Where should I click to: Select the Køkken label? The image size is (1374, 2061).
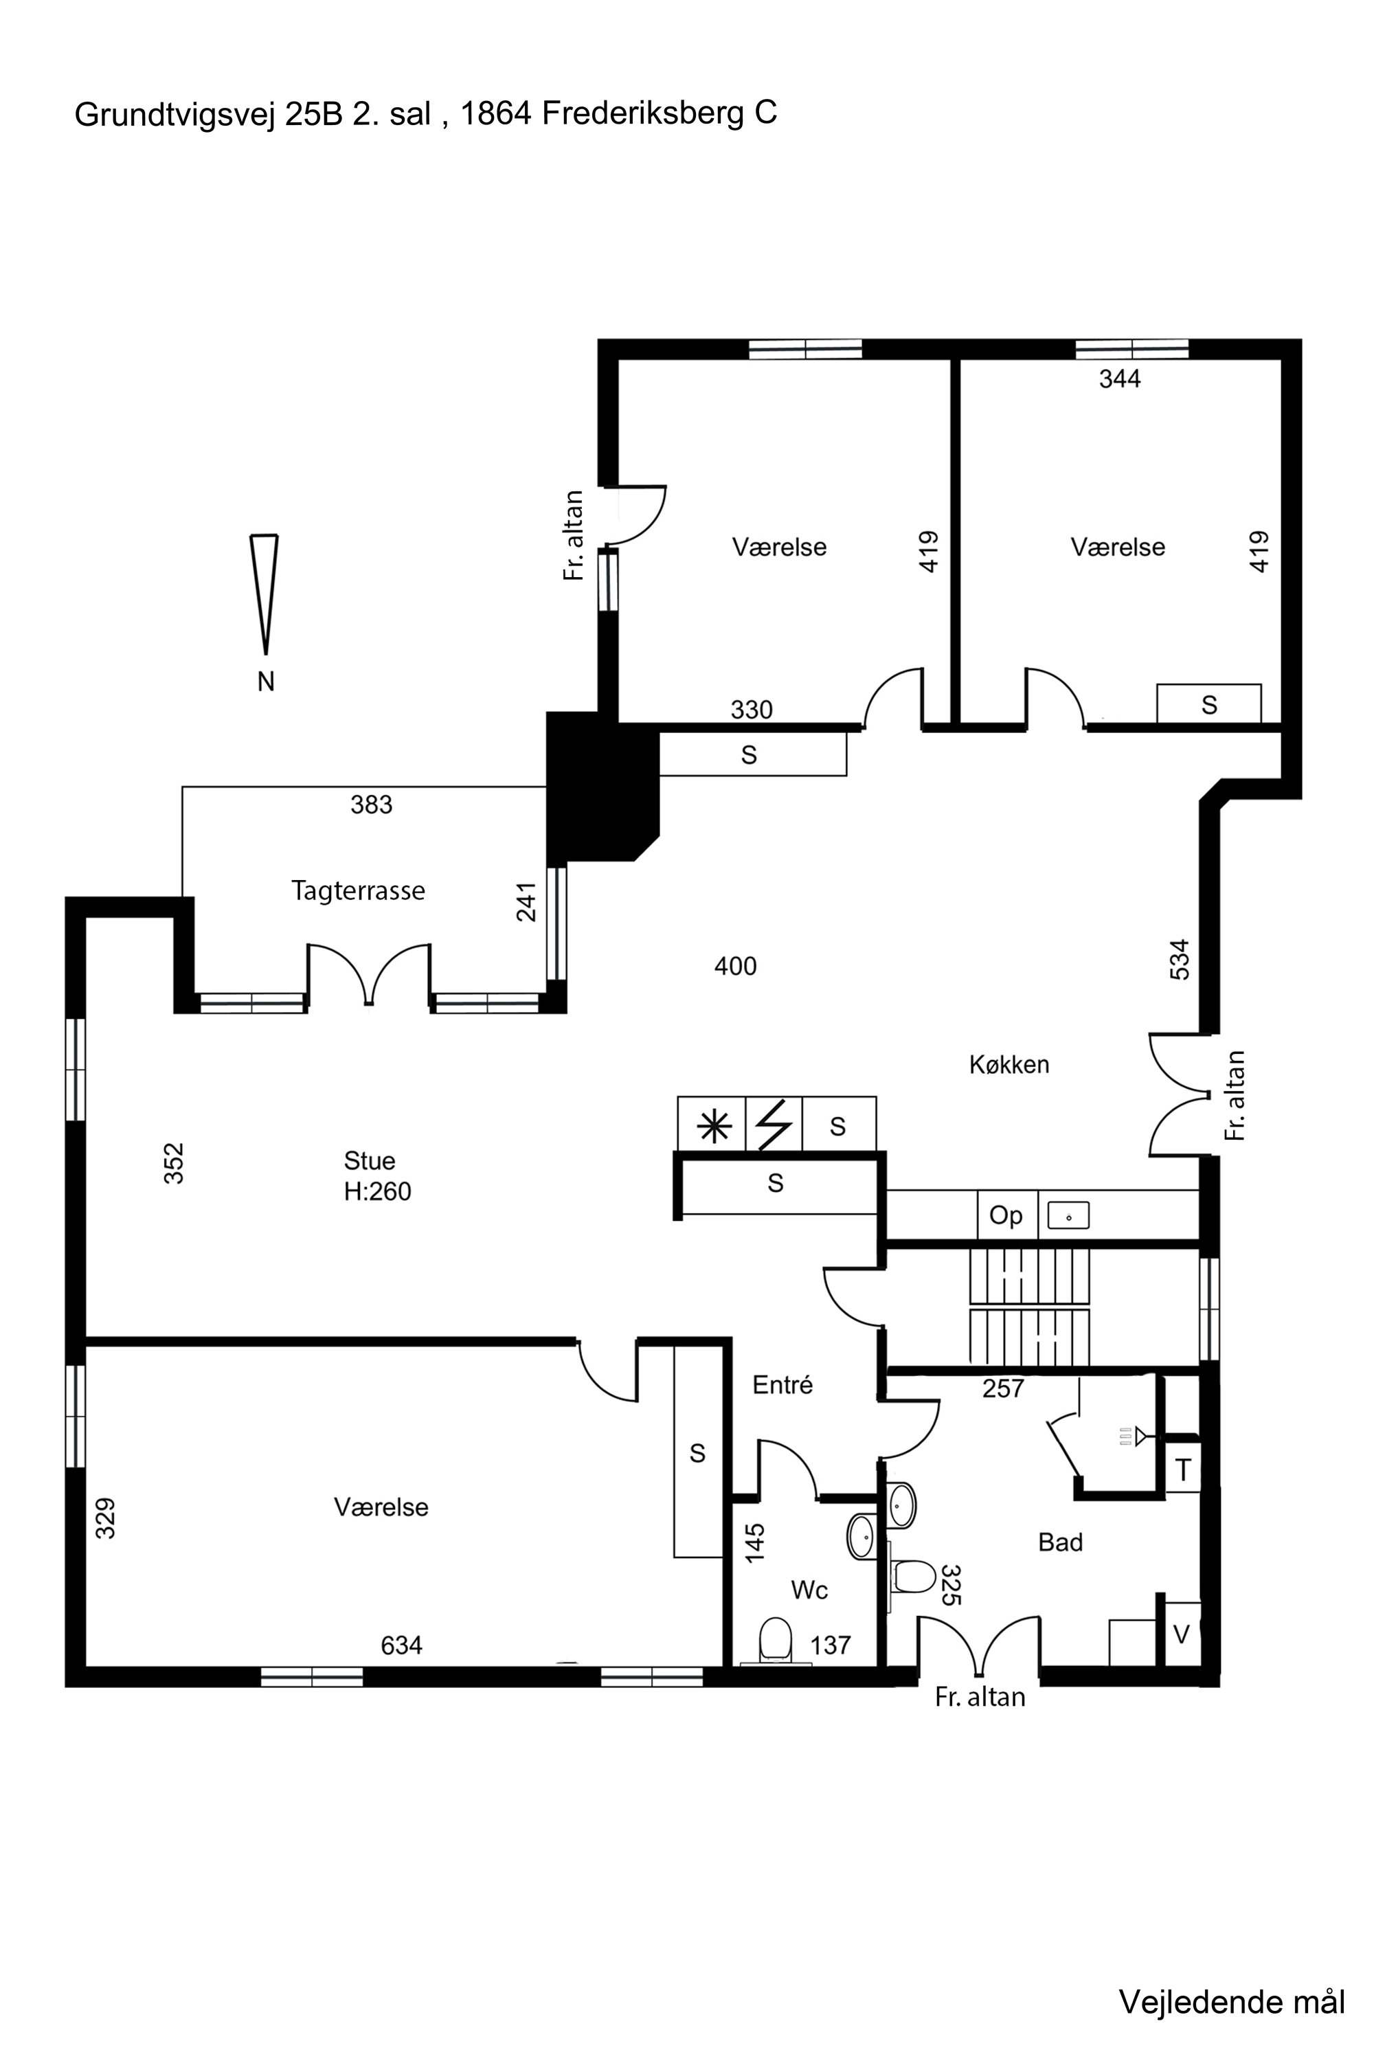tap(1009, 1065)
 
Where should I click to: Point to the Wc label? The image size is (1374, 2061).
tap(809, 1590)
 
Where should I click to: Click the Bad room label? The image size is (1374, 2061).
tap(1060, 1542)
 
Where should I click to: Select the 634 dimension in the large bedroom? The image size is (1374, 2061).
tap(401, 1645)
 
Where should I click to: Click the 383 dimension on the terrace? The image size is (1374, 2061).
tap(372, 804)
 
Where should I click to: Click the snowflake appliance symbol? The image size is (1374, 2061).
tap(715, 1125)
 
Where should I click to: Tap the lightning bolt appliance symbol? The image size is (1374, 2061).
tap(775, 1125)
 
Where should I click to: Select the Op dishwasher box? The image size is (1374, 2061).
tap(1007, 1215)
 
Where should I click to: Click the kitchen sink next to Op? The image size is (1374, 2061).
tap(1068, 1216)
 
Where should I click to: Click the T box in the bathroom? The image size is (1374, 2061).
tap(1183, 1469)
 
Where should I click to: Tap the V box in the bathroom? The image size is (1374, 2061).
tap(1181, 1635)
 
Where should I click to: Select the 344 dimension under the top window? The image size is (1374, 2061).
tap(1120, 379)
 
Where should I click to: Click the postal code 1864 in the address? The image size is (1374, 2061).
tap(496, 113)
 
